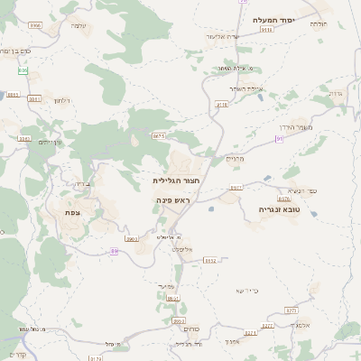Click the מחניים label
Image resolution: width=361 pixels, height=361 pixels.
[x=236, y=159]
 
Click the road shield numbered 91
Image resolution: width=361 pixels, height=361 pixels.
[x=281, y=138]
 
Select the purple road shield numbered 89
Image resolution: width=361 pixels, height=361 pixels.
[x=114, y=251]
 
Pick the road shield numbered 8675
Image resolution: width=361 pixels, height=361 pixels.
[x=159, y=135]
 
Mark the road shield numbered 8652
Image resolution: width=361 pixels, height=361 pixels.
[x=210, y=260]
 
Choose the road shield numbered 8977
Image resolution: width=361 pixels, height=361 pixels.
[x=236, y=188]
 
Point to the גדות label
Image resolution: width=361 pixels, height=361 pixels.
[x=336, y=94]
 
